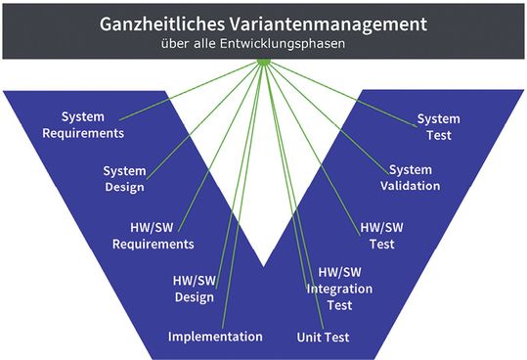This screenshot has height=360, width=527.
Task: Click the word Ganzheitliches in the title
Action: pos(161,23)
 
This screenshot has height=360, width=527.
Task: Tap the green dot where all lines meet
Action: pos(263,64)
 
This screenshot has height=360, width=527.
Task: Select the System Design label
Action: pos(124,179)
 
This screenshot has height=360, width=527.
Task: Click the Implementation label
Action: pos(215,337)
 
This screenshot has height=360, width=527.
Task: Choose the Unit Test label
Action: pos(323,337)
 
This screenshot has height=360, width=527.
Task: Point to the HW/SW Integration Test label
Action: pos(339,289)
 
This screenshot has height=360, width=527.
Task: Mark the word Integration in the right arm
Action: pos(339,289)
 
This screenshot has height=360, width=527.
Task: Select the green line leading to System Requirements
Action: pos(186,98)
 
